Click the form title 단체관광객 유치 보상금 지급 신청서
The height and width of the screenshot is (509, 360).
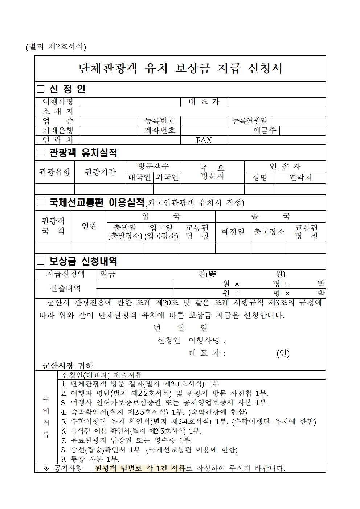click(x=180, y=69)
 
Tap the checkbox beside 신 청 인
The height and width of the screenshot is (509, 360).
click(x=41, y=89)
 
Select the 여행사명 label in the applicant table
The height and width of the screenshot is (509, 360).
click(x=58, y=102)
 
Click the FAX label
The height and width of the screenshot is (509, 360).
click(x=204, y=140)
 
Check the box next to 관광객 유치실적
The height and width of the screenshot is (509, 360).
click(x=41, y=153)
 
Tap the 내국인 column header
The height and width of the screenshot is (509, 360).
click(x=140, y=177)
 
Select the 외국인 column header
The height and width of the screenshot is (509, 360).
click(x=167, y=177)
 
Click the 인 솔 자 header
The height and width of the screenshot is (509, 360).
click(x=285, y=167)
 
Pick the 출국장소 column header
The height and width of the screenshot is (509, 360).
click(x=269, y=232)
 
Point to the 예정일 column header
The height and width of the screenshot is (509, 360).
click(x=233, y=232)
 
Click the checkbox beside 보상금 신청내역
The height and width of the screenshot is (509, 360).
click(x=41, y=261)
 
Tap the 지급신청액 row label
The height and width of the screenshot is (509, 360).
click(x=65, y=274)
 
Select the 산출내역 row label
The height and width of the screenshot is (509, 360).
click(x=65, y=288)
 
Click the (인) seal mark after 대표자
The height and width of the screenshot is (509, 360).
click(x=283, y=353)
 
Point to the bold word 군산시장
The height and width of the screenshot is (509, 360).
click(x=58, y=365)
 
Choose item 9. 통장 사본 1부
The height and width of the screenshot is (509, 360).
click(x=90, y=459)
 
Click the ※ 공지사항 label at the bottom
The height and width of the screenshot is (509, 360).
click(x=63, y=468)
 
